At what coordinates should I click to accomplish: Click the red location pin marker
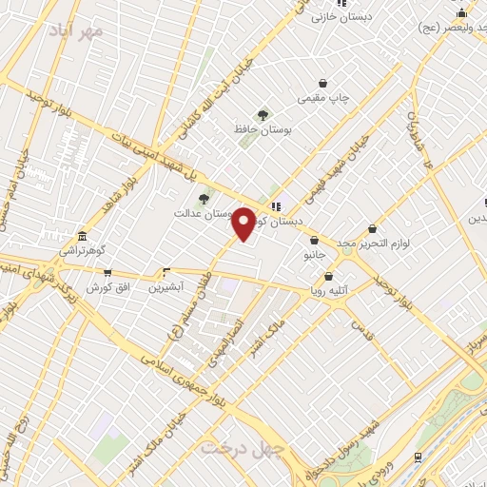pyautogui.click(x=243, y=223)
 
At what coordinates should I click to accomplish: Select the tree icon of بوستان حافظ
pyautogui.click(x=263, y=115)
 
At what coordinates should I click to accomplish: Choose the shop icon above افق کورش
pyautogui.click(x=107, y=273)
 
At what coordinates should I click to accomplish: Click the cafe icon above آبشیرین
pyautogui.click(x=166, y=272)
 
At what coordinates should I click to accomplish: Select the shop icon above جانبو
pyautogui.click(x=314, y=242)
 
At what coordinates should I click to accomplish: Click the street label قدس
pyautogui.click(x=360, y=330)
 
